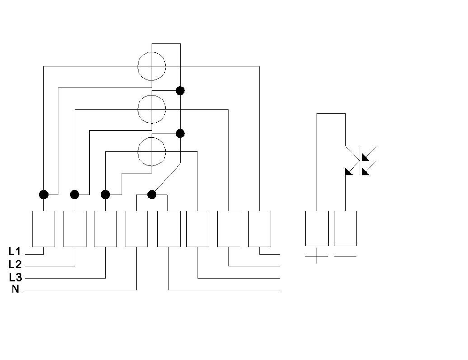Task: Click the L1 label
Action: pyautogui.click(x=14, y=251)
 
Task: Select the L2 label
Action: pyautogui.click(x=15, y=264)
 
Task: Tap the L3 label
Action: pyautogui.click(x=15, y=277)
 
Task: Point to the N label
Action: pyautogui.click(x=15, y=289)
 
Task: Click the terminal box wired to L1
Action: pyautogui.click(x=44, y=229)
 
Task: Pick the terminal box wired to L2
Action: pyautogui.click(x=75, y=229)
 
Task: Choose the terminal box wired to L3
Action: pyautogui.click(x=105, y=229)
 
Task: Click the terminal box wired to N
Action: pyautogui.click(x=136, y=229)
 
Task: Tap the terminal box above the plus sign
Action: pyautogui.click(x=317, y=228)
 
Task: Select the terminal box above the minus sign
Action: pyautogui.click(x=345, y=228)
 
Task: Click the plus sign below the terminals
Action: pyautogui.click(x=316, y=256)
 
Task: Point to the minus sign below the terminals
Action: pyautogui.click(x=345, y=256)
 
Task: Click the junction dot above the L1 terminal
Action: pyautogui.click(x=44, y=195)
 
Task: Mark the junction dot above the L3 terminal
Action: pyautogui.click(x=105, y=195)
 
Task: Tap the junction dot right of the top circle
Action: pyautogui.click(x=180, y=90)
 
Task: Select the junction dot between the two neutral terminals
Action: pyautogui.click(x=152, y=195)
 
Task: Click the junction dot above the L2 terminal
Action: pyautogui.click(x=75, y=195)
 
